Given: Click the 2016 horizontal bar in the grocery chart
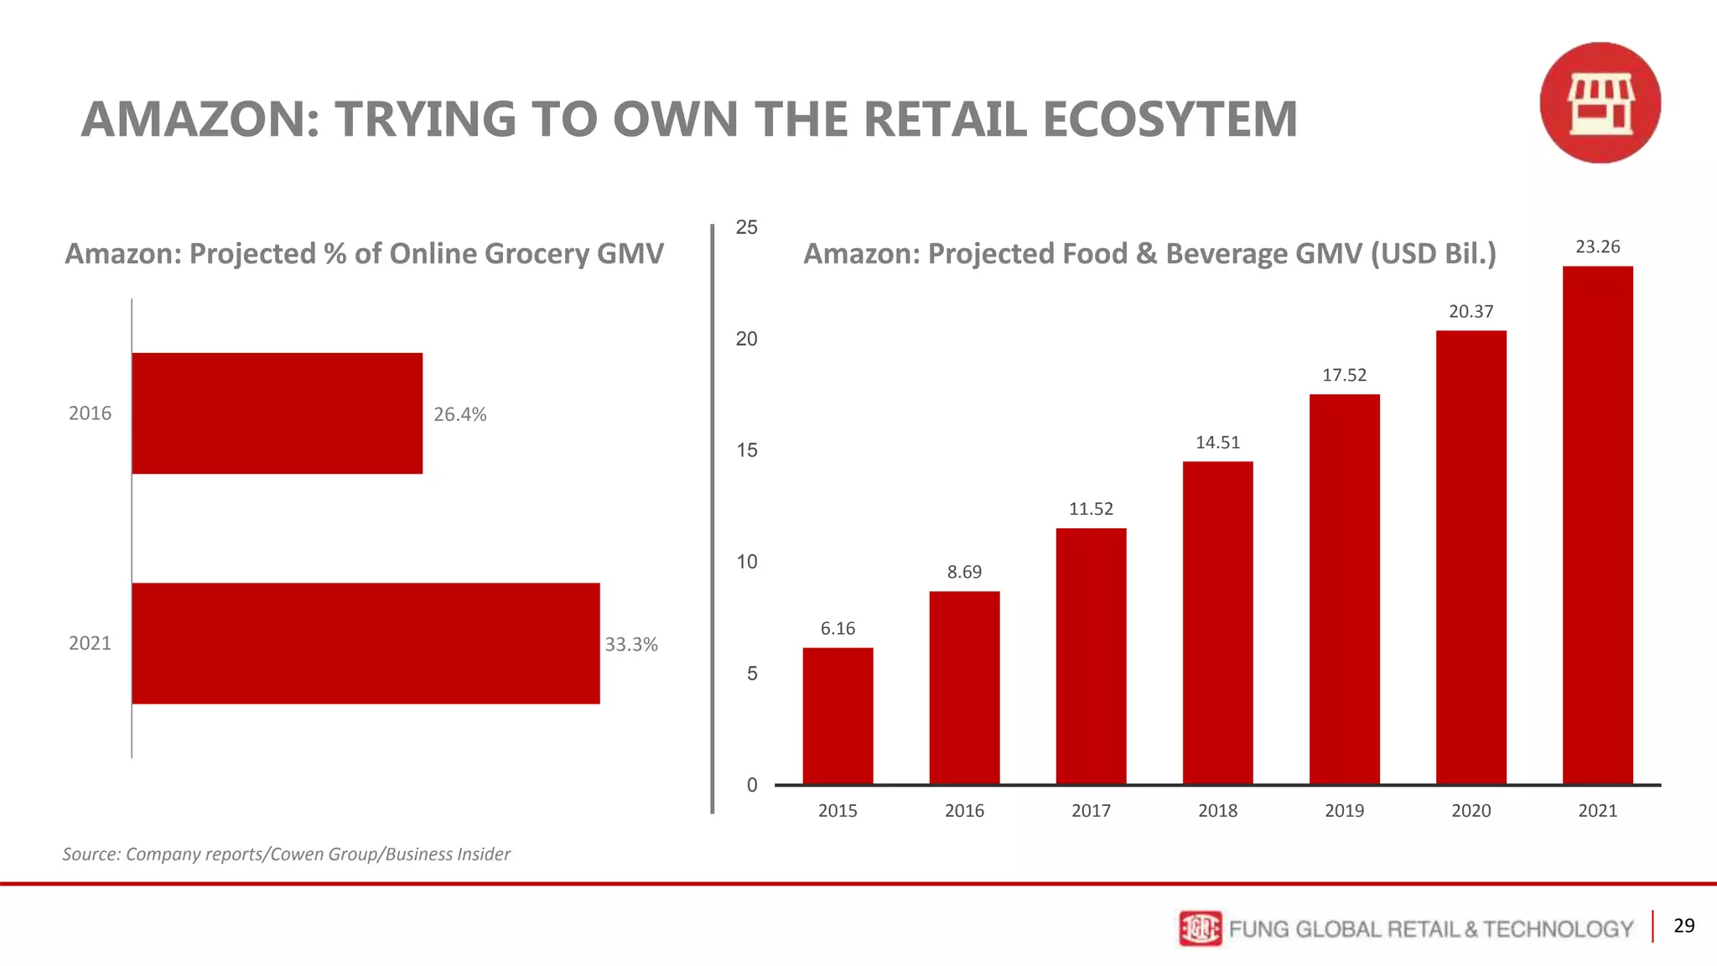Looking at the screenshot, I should tap(277, 413).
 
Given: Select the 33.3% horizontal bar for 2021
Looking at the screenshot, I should tap(366, 643).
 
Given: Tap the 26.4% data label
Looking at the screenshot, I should tap(459, 414).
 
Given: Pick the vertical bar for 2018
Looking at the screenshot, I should tap(1217, 622).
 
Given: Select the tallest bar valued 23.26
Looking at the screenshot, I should tap(1597, 525).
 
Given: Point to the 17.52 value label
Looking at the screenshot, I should tap(1344, 375).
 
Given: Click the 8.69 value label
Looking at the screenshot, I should tap(964, 572).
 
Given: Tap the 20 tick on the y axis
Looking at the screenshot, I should tap(746, 339).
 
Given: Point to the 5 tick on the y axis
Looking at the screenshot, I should tap(752, 673).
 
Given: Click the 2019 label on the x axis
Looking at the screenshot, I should tap(1344, 811).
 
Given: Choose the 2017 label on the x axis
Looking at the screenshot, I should tap(1091, 811).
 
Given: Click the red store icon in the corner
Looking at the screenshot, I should tap(1600, 103).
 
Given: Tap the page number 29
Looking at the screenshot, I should tap(1683, 926).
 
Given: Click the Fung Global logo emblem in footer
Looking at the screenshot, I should tap(1200, 928).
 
